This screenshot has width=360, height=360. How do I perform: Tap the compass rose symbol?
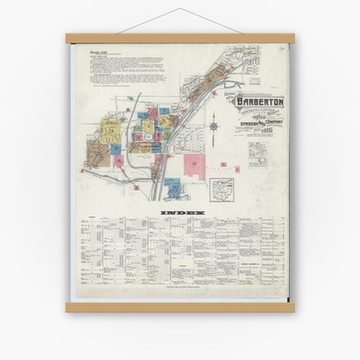(214, 127)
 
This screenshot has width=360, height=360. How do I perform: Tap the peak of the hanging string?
(180, 9)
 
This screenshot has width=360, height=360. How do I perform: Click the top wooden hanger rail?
(180, 38)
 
